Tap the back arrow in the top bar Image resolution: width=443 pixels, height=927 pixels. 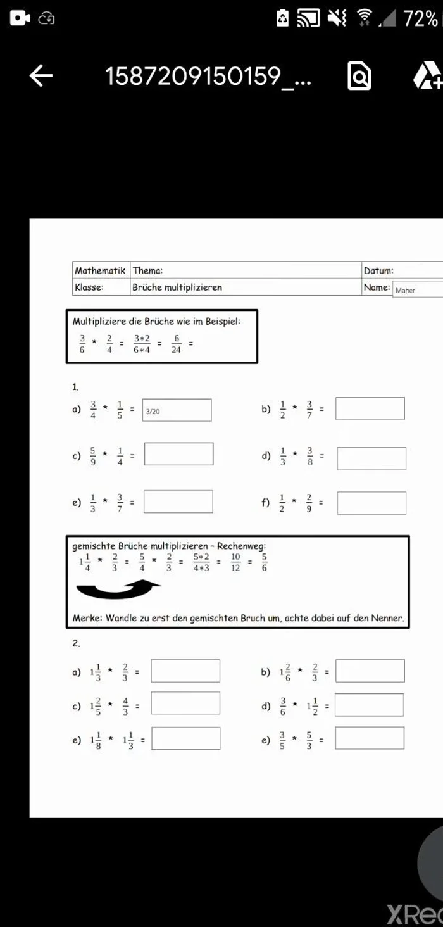coord(41,77)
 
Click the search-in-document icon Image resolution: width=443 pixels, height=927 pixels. coord(359,77)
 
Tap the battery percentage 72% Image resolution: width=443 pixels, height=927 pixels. coord(420,19)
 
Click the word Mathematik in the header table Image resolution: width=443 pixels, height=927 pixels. coord(100,271)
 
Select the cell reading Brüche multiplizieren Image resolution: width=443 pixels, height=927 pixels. coord(177,287)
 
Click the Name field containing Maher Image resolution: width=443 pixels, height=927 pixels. coord(417,290)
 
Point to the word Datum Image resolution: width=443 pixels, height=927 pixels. coord(378,271)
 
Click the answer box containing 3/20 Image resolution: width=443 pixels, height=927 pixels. coord(177,410)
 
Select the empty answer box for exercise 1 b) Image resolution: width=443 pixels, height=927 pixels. coord(370,408)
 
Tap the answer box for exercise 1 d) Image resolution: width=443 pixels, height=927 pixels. coord(371,458)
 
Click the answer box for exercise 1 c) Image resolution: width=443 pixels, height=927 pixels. coord(178,454)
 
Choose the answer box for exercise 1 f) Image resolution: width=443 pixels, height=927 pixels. coord(371,503)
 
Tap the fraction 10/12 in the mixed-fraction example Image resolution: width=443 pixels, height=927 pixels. coord(235,562)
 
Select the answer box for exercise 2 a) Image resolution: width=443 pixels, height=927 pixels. coord(185,671)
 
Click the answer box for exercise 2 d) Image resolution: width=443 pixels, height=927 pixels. coord(369,705)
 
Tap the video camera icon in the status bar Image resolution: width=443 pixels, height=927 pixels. coord(20,18)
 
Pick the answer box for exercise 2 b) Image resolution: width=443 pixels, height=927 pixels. coord(370,671)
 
